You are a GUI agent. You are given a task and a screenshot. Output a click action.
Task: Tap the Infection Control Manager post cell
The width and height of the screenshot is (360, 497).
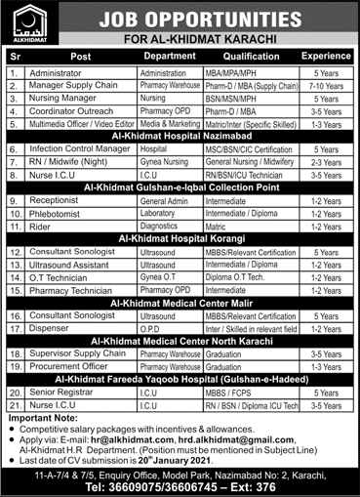pos(76,150)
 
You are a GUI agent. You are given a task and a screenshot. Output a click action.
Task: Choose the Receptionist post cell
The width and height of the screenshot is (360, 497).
pos(58,202)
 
